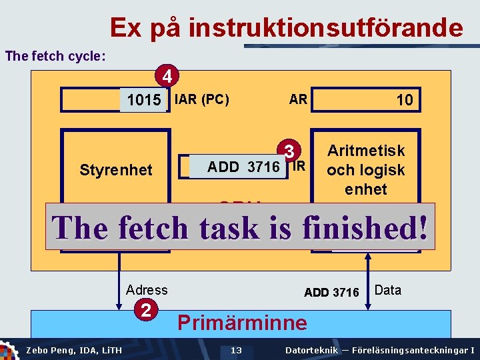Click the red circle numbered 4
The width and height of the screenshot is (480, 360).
[x=168, y=76]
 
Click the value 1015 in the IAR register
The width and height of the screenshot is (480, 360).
[x=144, y=101]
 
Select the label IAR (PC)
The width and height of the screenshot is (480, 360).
[x=201, y=100]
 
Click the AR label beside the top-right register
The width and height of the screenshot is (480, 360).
[x=298, y=99]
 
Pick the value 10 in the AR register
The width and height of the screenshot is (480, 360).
[x=404, y=101]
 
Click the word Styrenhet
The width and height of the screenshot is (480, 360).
[x=116, y=169]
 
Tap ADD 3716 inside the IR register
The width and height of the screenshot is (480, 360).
[x=243, y=167]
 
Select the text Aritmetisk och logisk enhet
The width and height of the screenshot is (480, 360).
[x=365, y=170]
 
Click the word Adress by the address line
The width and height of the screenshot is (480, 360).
[x=147, y=289]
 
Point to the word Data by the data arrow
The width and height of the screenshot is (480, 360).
[x=388, y=289]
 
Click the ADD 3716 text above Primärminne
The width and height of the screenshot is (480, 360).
[x=331, y=292]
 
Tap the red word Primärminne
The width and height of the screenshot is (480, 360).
[x=242, y=323]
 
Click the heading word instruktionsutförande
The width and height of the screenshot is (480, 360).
[x=325, y=28]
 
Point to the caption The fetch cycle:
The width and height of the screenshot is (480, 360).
[x=55, y=56]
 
